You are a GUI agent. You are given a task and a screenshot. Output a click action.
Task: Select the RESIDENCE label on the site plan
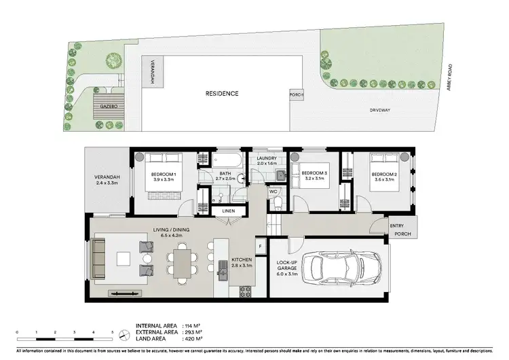[x=223, y=93]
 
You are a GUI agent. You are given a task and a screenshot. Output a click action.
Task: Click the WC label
[x=274, y=192]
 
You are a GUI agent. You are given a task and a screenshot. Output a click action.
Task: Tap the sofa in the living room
[x=100, y=258]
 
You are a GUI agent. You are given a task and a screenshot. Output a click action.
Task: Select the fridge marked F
[x=259, y=245]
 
